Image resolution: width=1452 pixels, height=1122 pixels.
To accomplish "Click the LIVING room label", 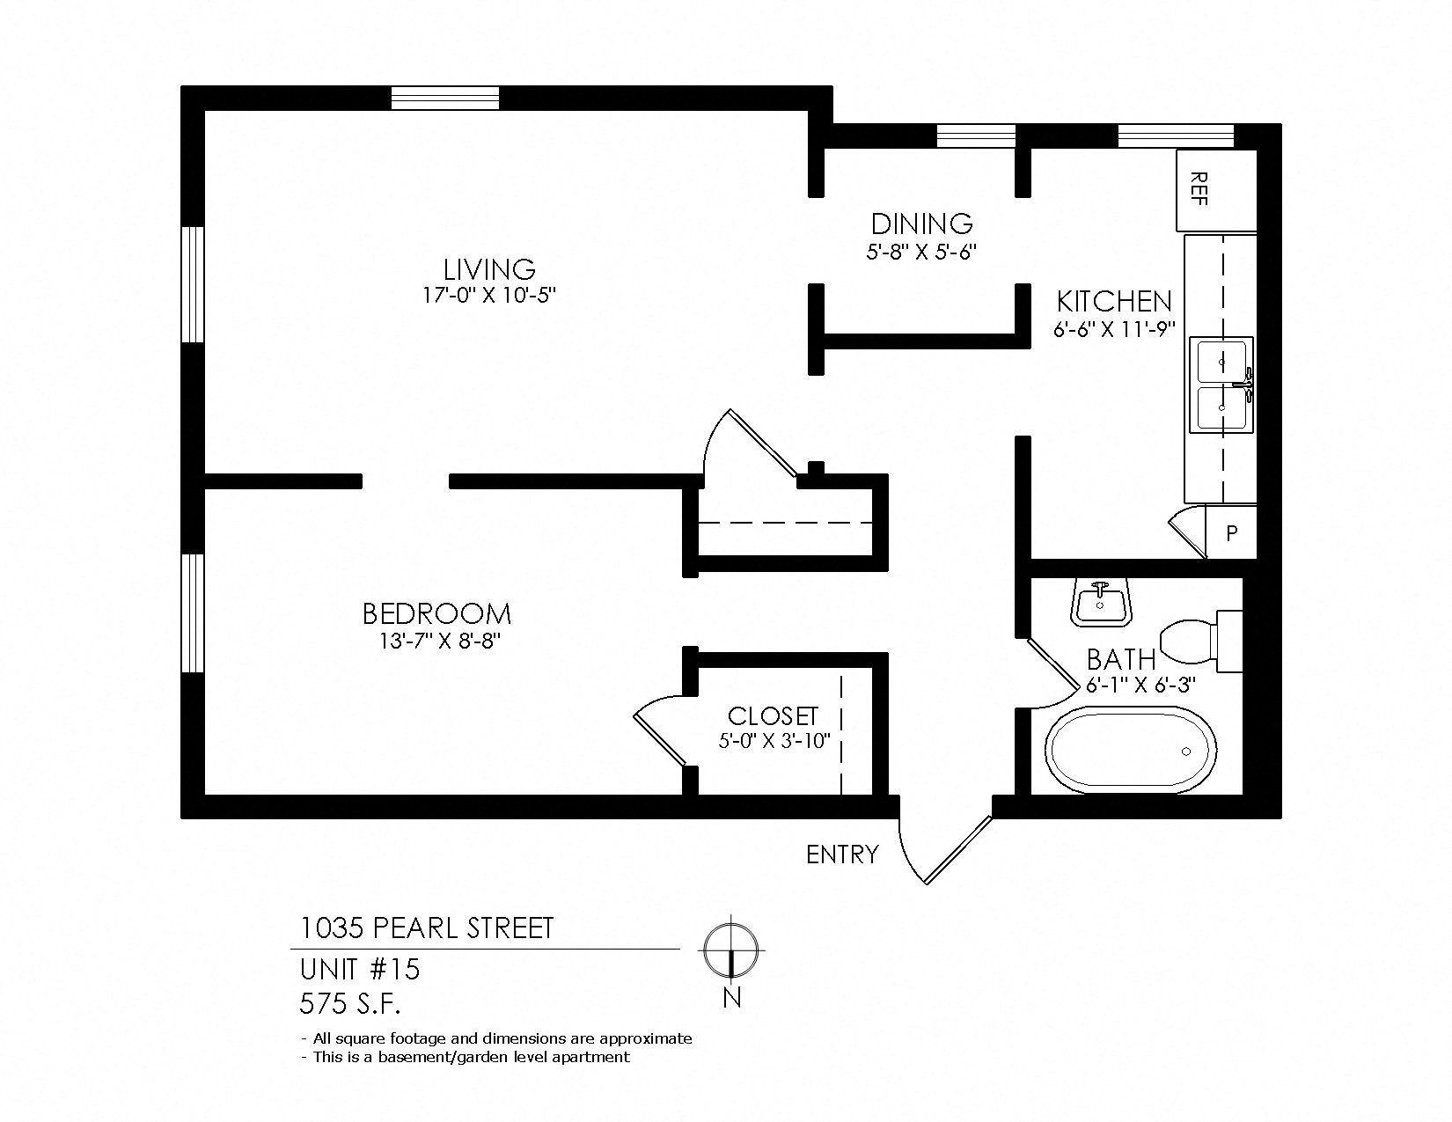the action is (489, 269).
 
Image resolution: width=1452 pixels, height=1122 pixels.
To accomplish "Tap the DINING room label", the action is (921, 224).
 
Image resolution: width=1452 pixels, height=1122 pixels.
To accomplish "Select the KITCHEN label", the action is (1114, 302).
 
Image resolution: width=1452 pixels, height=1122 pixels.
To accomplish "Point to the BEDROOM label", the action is (436, 613).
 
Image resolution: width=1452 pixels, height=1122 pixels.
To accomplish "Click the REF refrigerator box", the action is (1216, 190).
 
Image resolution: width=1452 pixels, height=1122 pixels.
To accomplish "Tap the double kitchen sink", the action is (1221, 385).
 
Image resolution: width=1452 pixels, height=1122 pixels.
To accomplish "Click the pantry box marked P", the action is (1231, 532).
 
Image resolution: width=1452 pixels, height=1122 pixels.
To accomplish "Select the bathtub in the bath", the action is (1131, 751).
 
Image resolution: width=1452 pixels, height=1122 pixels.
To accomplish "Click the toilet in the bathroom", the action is (1200, 641).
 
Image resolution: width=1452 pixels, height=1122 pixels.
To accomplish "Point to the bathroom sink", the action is (1100, 601).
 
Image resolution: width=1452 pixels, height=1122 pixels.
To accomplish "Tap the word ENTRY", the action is (842, 854).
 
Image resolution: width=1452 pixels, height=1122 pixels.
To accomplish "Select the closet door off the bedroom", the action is (659, 730).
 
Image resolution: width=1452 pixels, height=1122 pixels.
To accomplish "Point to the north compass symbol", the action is (731, 951).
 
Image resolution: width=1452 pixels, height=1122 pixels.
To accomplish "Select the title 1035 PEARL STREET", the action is (427, 928).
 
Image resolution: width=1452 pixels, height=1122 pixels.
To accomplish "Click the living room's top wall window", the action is (444, 98).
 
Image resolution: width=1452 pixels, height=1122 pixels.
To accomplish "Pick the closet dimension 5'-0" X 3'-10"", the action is (774, 741).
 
